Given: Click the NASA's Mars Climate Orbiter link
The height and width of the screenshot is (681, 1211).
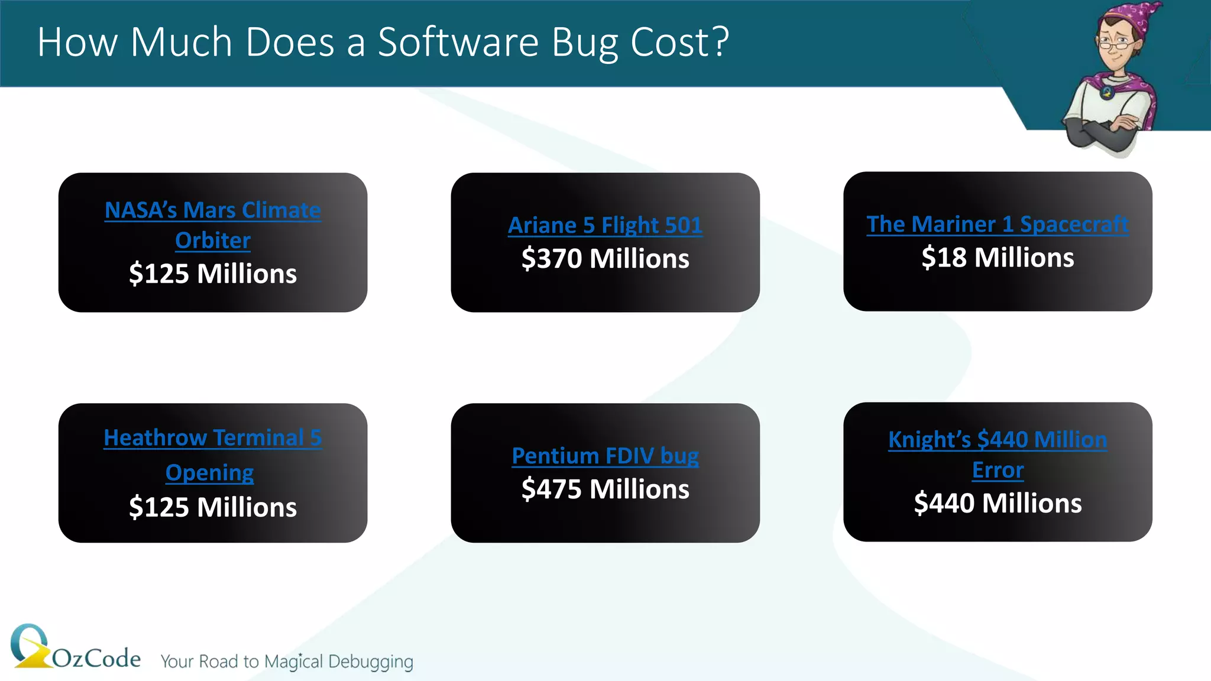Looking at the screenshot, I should (x=213, y=211).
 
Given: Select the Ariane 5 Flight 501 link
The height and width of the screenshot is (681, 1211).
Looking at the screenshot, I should (x=605, y=226).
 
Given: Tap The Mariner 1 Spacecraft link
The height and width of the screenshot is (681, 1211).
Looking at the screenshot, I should (x=998, y=225).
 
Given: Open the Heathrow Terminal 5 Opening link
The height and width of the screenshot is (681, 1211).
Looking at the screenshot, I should (x=213, y=439).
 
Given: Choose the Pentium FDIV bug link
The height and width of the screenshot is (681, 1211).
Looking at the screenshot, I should (x=605, y=456).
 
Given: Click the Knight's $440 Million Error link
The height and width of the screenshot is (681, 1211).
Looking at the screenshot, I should (x=998, y=440).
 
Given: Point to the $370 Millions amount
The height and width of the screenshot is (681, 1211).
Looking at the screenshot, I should (x=605, y=259).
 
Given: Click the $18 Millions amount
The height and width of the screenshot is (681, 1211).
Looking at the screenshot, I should (x=998, y=258).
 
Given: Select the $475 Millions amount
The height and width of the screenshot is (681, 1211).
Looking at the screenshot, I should (x=605, y=489).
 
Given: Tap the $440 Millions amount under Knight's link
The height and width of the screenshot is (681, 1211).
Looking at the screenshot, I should (x=998, y=504).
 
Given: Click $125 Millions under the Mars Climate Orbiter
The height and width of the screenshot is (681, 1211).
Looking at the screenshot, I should (x=213, y=274).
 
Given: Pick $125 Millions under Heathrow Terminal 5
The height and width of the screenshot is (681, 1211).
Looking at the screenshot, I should (x=213, y=508).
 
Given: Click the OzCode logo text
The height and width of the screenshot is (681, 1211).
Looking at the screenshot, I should (x=96, y=658).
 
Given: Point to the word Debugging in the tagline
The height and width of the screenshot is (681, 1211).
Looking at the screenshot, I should (x=371, y=661).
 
